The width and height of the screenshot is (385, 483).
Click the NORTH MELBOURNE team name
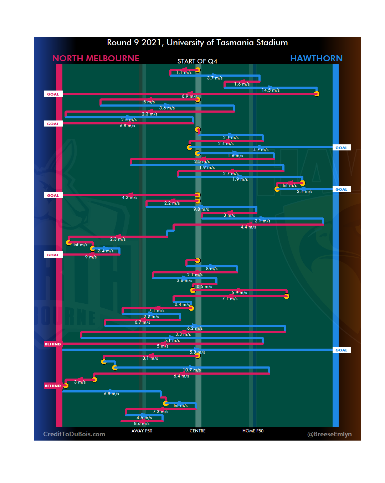(x=96, y=58)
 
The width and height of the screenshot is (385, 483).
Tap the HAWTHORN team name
(x=316, y=58)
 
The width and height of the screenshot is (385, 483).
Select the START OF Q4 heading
(x=197, y=61)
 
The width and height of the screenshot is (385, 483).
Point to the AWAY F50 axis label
(x=142, y=431)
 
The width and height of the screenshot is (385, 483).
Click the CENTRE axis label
(x=197, y=431)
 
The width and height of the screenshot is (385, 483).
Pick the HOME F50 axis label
(x=253, y=431)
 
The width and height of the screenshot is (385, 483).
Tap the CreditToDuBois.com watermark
(x=74, y=434)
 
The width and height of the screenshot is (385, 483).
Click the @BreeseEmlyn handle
(x=329, y=434)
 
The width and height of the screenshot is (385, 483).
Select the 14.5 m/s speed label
(x=271, y=90)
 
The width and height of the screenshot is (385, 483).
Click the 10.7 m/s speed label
(x=192, y=370)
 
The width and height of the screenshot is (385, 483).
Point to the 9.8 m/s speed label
(x=201, y=209)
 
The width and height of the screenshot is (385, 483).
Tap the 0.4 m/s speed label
(x=182, y=304)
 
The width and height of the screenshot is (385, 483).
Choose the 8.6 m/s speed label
(x=142, y=423)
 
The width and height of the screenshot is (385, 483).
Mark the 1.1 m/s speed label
(x=184, y=72)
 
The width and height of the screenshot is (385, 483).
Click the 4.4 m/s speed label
(x=248, y=227)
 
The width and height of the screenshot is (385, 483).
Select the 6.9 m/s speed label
(x=189, y=96)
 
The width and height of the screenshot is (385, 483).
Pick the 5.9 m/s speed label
(x=239, y=293)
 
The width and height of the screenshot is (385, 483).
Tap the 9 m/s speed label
(x=91, y=257)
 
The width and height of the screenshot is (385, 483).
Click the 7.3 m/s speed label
(x=160, y=412)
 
